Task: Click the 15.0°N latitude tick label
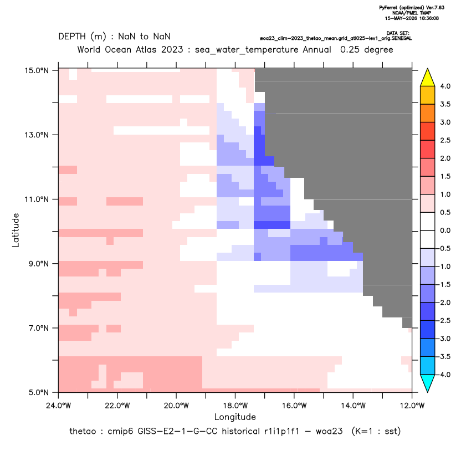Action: click(x=37, y=70)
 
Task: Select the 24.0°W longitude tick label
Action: click(x=59, y=406)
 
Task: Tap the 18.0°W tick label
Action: click(x=235, y=406)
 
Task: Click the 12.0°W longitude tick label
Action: click(x=412, y=406)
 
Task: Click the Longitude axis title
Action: click(x=235, y=417)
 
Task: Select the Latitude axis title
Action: click(x=16, y=230)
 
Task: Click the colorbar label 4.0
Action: click(x=445, y=86)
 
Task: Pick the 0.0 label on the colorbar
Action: click(x=445, y=230)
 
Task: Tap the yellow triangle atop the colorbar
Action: click(x=428, y=78)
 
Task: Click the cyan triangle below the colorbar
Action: click(x=428, y=383)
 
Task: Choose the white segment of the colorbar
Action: click(x=428, y=230)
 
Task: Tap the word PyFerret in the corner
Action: click(x=388, y=8)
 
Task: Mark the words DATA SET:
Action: click(x=398, y=33)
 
